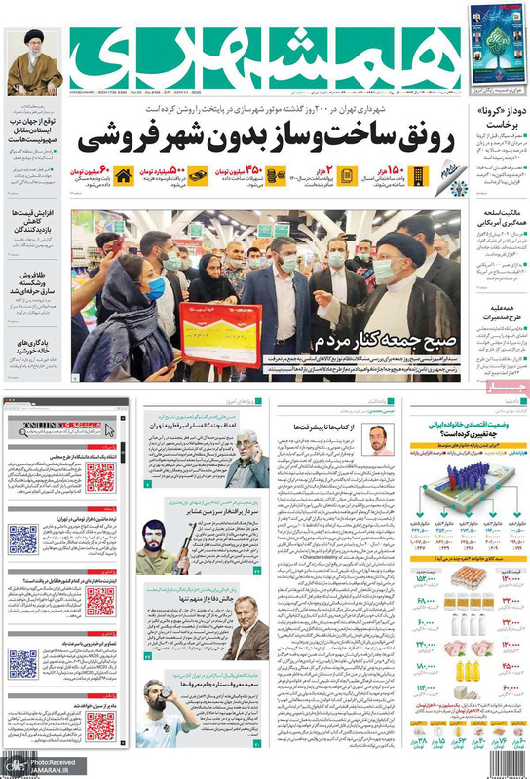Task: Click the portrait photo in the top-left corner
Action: [x=35, y=62]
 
